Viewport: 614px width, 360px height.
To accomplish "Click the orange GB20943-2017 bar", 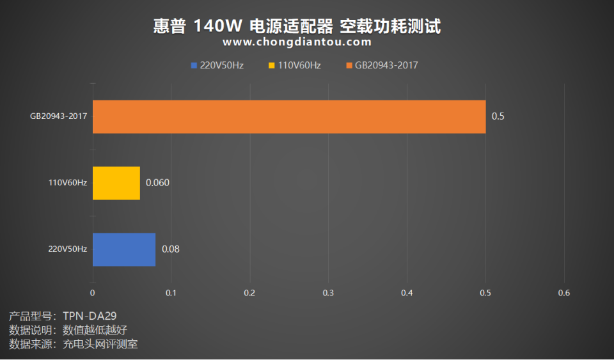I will point(289,116).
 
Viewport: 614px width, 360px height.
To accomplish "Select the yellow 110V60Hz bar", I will point(116,183).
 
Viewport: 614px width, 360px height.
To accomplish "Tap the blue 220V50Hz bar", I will point(124,249).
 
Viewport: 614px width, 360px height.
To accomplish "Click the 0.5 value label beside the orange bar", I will point(498,116).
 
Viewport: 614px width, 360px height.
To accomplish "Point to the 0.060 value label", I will point(157,183).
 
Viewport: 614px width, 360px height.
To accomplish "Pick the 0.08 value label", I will point(170,249).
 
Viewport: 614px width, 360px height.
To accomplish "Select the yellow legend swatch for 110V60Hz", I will point(272,65).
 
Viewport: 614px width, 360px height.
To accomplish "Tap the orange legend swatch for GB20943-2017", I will point(349,65).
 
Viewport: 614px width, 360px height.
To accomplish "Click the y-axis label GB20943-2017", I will point(58,116).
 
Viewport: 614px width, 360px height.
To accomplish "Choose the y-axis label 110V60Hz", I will point(68,183).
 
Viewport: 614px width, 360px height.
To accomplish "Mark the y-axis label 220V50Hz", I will point(68,249).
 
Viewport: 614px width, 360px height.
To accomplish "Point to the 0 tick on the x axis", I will point(93,293).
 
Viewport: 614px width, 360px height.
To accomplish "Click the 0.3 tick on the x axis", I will point(328,293).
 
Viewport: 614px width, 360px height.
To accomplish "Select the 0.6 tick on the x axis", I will point(563,293).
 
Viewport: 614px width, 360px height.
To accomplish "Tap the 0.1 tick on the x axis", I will point(171,293).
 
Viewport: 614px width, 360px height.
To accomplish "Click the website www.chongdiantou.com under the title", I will point(297,42).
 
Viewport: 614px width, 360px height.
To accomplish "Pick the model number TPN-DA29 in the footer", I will point(90,316).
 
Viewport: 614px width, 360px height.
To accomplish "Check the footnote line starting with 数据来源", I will point(74,344).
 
